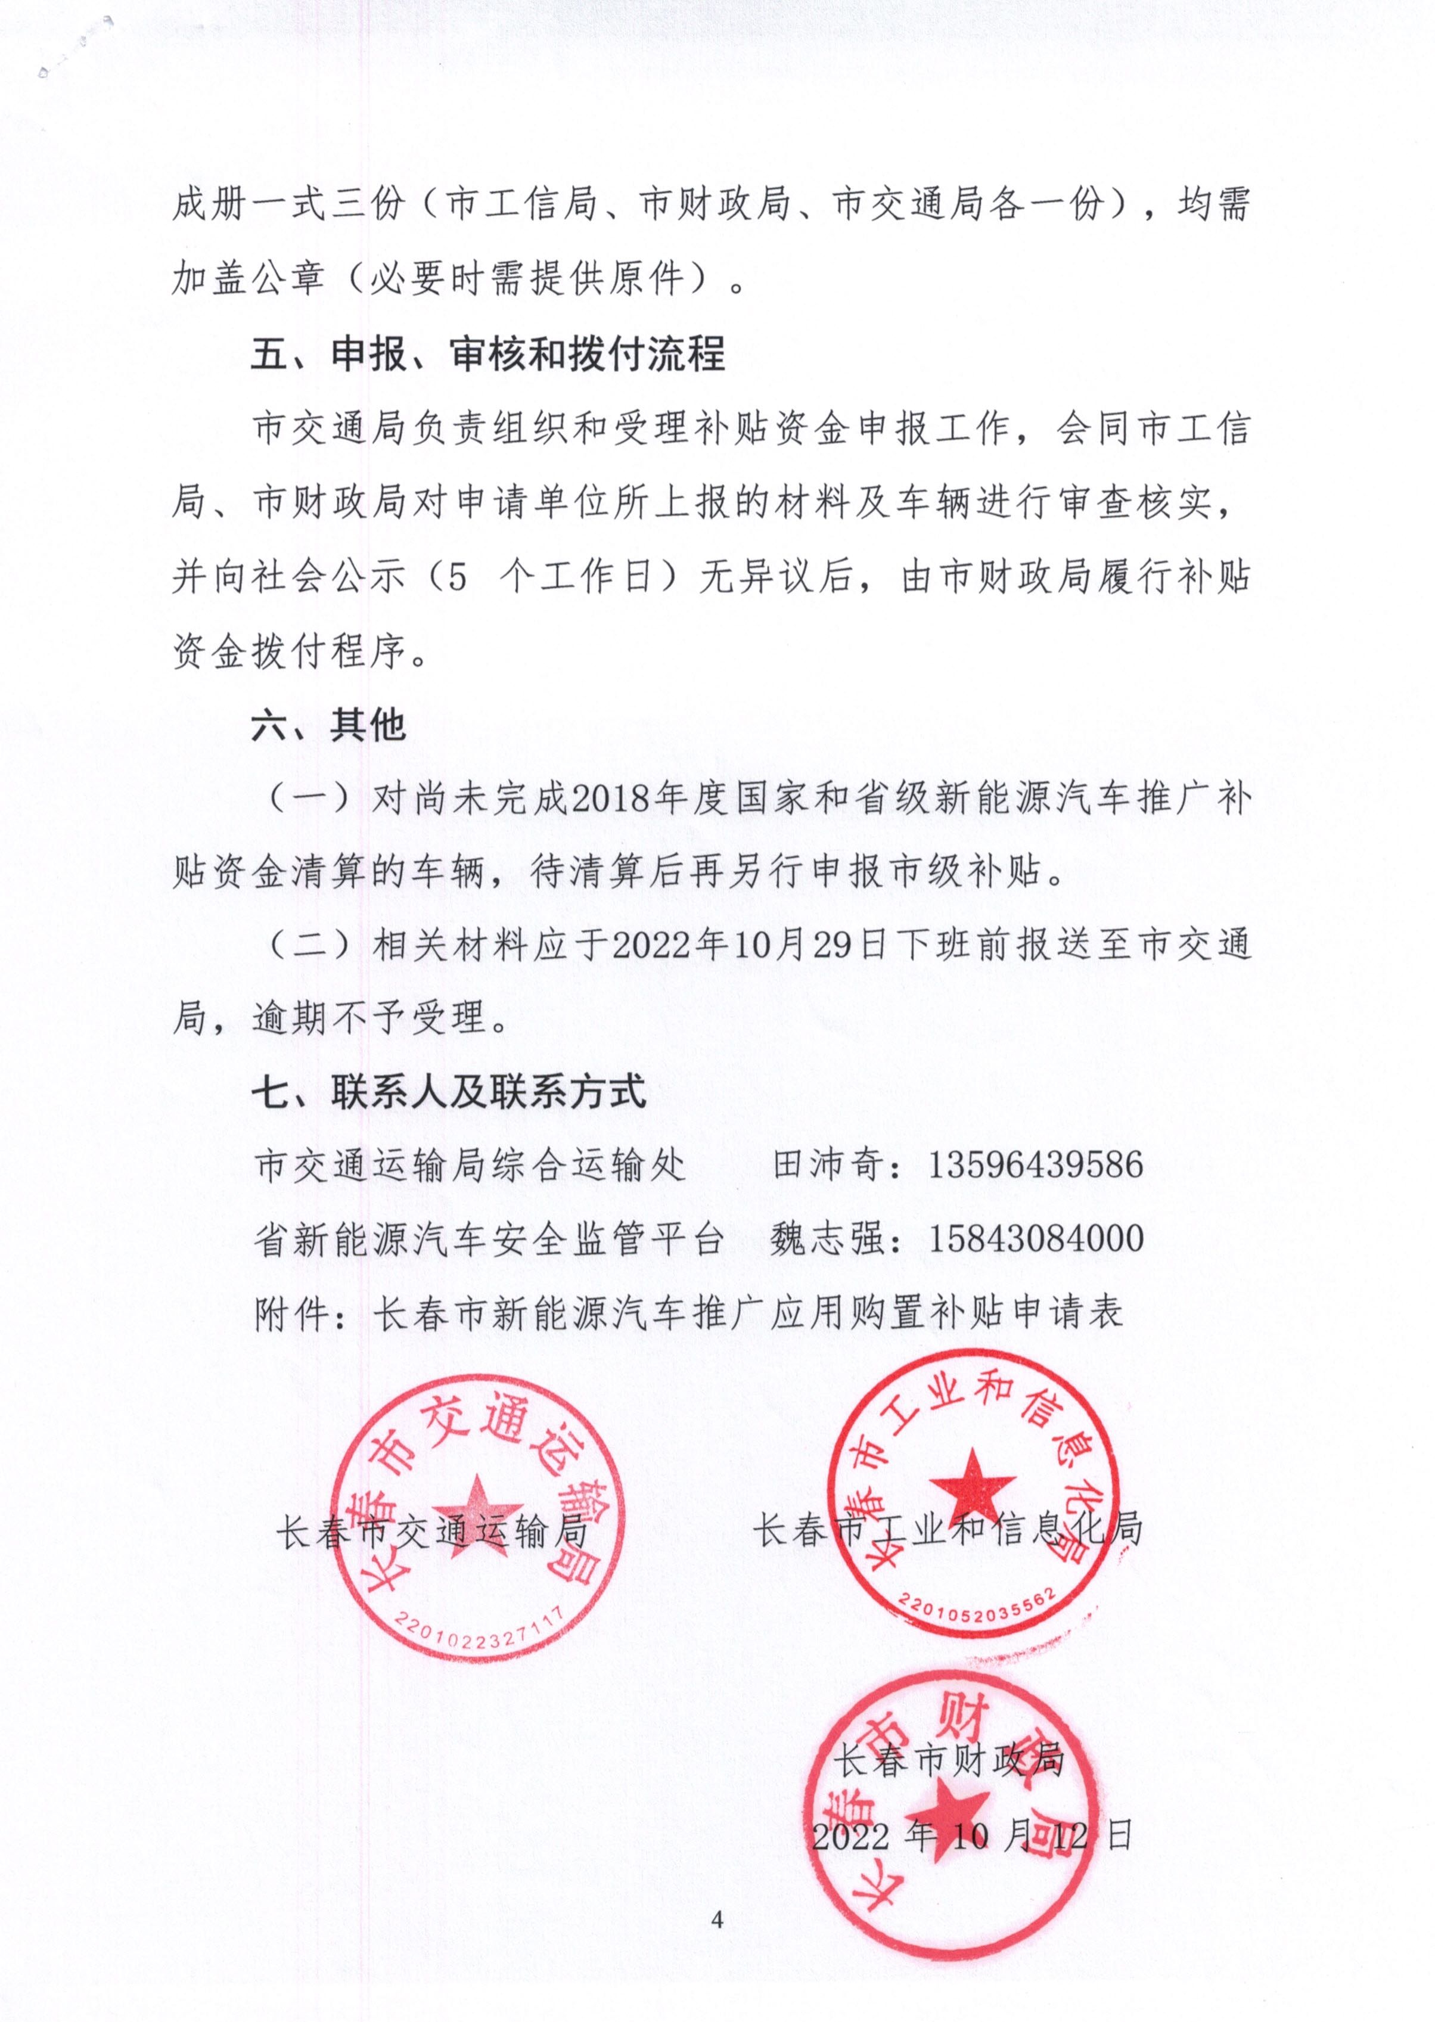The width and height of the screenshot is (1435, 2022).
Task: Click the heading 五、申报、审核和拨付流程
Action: pos(487,354)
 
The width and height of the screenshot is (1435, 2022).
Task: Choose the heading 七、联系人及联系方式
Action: pos(449,1093)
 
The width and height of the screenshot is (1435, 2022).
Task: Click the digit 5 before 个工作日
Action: pos(456,577)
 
